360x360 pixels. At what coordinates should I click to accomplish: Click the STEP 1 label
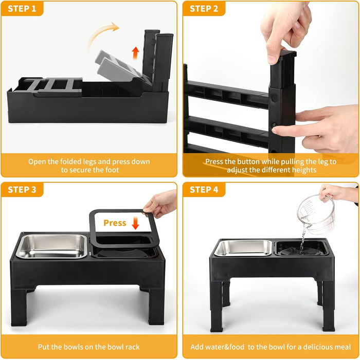pos(22,9)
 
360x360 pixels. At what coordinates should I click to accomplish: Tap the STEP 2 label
pos(204,9)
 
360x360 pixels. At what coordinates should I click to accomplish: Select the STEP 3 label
pos(22,190)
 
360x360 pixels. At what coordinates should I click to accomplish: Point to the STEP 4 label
pos(204,190)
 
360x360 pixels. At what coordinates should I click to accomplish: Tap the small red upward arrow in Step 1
pos(135,53)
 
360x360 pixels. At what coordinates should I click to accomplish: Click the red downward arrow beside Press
pos(135,223)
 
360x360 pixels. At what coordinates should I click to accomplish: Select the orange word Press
pos(115,223)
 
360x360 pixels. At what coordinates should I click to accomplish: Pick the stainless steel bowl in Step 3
pos(52,246)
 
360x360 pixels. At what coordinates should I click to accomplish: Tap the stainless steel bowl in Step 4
pos(243,248)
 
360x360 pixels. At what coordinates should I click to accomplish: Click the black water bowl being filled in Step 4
pos(301,248)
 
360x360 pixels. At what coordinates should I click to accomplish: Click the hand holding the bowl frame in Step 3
pos(160,203)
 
